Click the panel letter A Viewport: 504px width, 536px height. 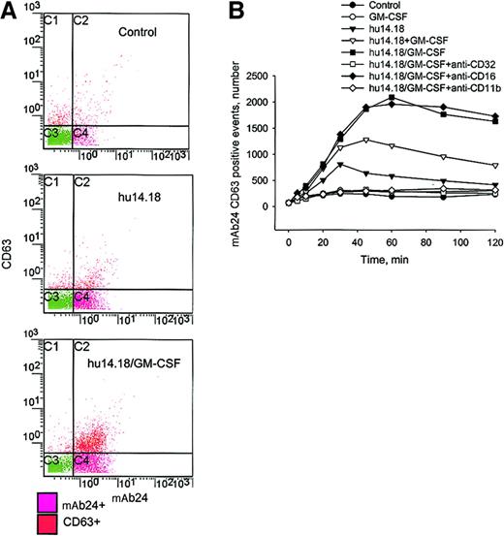point(12,11)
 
